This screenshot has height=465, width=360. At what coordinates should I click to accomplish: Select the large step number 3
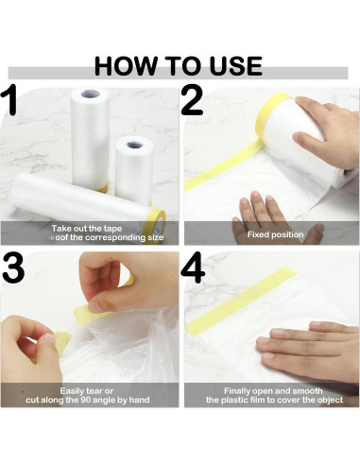tap(13, 271)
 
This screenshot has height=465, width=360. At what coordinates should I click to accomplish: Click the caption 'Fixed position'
tap(275, 233)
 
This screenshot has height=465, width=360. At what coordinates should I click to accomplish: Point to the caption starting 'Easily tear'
tap(90, 395)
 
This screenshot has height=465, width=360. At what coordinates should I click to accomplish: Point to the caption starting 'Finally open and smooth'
tap(271, 395)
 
